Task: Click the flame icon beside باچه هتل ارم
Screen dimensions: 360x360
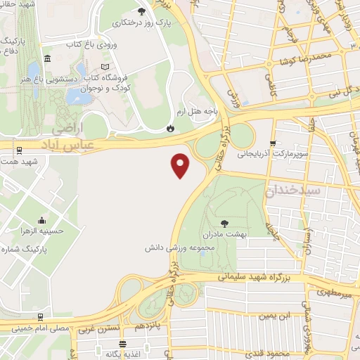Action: click(x=169, y=128)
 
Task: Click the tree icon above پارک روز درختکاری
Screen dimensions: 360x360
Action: click(x=142, y=11)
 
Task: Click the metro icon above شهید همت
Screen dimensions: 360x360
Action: click(x=18, y=150)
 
